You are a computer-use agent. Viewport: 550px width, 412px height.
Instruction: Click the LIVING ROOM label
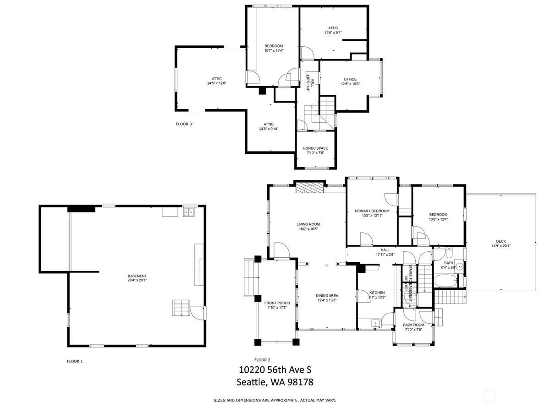308,224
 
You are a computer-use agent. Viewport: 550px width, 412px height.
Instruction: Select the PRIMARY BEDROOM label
372,211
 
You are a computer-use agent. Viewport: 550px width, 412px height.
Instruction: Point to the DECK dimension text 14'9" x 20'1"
500,246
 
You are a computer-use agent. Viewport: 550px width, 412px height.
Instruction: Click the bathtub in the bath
446,281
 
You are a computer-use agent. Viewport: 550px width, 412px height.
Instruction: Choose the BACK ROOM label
413,325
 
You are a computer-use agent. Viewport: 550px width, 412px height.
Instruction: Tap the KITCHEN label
377,293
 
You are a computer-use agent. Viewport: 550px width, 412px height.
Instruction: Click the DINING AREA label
327,295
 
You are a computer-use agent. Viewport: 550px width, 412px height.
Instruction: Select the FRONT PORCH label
277,303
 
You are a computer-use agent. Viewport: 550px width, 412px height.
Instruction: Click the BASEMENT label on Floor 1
137,276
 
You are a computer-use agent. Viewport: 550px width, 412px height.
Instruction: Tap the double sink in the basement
188,212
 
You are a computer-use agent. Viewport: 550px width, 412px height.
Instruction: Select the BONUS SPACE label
315,148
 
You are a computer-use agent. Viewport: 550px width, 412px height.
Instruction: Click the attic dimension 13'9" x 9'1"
333,33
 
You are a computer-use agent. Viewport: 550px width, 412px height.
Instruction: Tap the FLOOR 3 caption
184,124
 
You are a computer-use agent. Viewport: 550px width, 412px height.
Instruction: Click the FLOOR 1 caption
75,361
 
